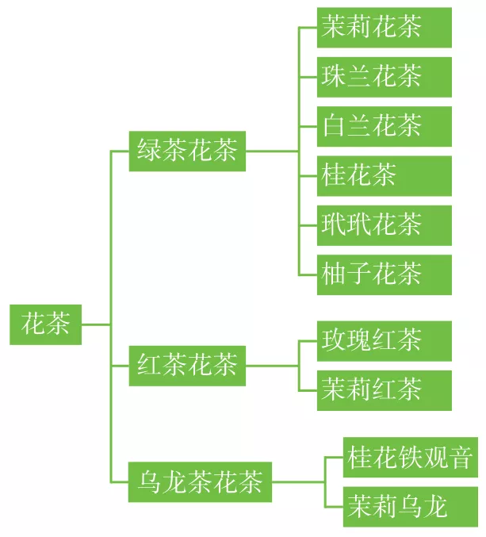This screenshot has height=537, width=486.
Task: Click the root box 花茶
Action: [45, 324]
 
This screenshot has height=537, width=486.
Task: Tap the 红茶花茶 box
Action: [187, 366]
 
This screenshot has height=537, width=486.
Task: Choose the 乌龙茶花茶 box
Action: [200, 481]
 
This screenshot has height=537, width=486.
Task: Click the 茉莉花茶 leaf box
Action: [384, 28]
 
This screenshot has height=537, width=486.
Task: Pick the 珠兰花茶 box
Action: [384, 77]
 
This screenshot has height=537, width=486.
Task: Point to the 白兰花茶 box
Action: [384, 126]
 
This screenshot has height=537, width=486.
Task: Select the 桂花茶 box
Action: [384, 175]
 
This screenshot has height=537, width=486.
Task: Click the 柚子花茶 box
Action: [384, 274]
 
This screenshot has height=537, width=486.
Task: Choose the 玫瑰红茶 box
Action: [384, 341]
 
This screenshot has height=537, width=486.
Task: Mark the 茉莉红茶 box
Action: [384, 390]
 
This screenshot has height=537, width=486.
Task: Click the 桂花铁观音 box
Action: [410, 457]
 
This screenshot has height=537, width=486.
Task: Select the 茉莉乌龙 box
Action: [410, 507]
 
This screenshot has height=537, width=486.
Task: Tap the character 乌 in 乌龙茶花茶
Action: [150, 481]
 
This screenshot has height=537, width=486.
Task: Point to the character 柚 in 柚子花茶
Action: [334, 274]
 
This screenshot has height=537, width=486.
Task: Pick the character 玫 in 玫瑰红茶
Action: [334, 341]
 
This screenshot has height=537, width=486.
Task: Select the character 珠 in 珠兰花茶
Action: [334, 77]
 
